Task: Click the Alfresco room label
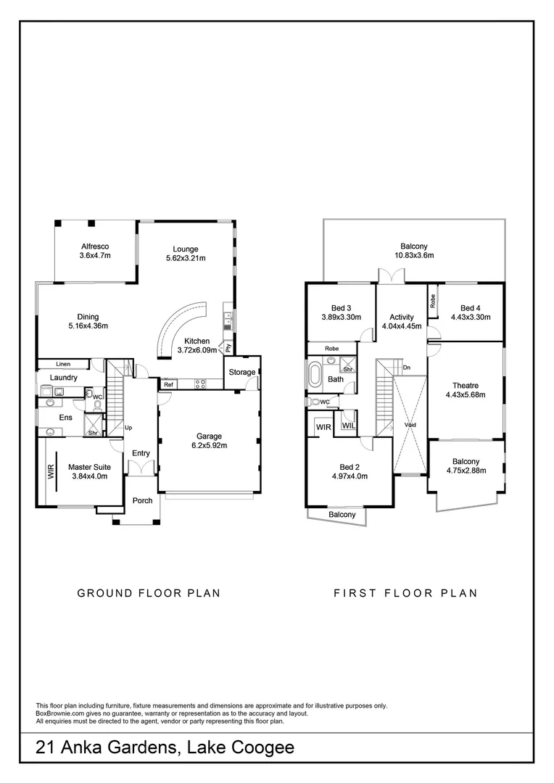94,246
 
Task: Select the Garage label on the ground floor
207,436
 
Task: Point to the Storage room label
242,372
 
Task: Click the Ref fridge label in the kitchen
168,385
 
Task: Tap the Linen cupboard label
63,364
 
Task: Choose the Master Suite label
88,467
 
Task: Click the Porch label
142,500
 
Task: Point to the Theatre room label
465,386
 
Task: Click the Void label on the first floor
410,425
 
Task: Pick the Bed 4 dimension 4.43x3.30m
471,317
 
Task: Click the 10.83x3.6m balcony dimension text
413,255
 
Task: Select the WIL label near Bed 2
348,426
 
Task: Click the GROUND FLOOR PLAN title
149,593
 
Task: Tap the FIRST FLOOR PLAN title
405,593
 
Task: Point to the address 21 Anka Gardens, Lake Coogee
165,747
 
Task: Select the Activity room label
401,317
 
